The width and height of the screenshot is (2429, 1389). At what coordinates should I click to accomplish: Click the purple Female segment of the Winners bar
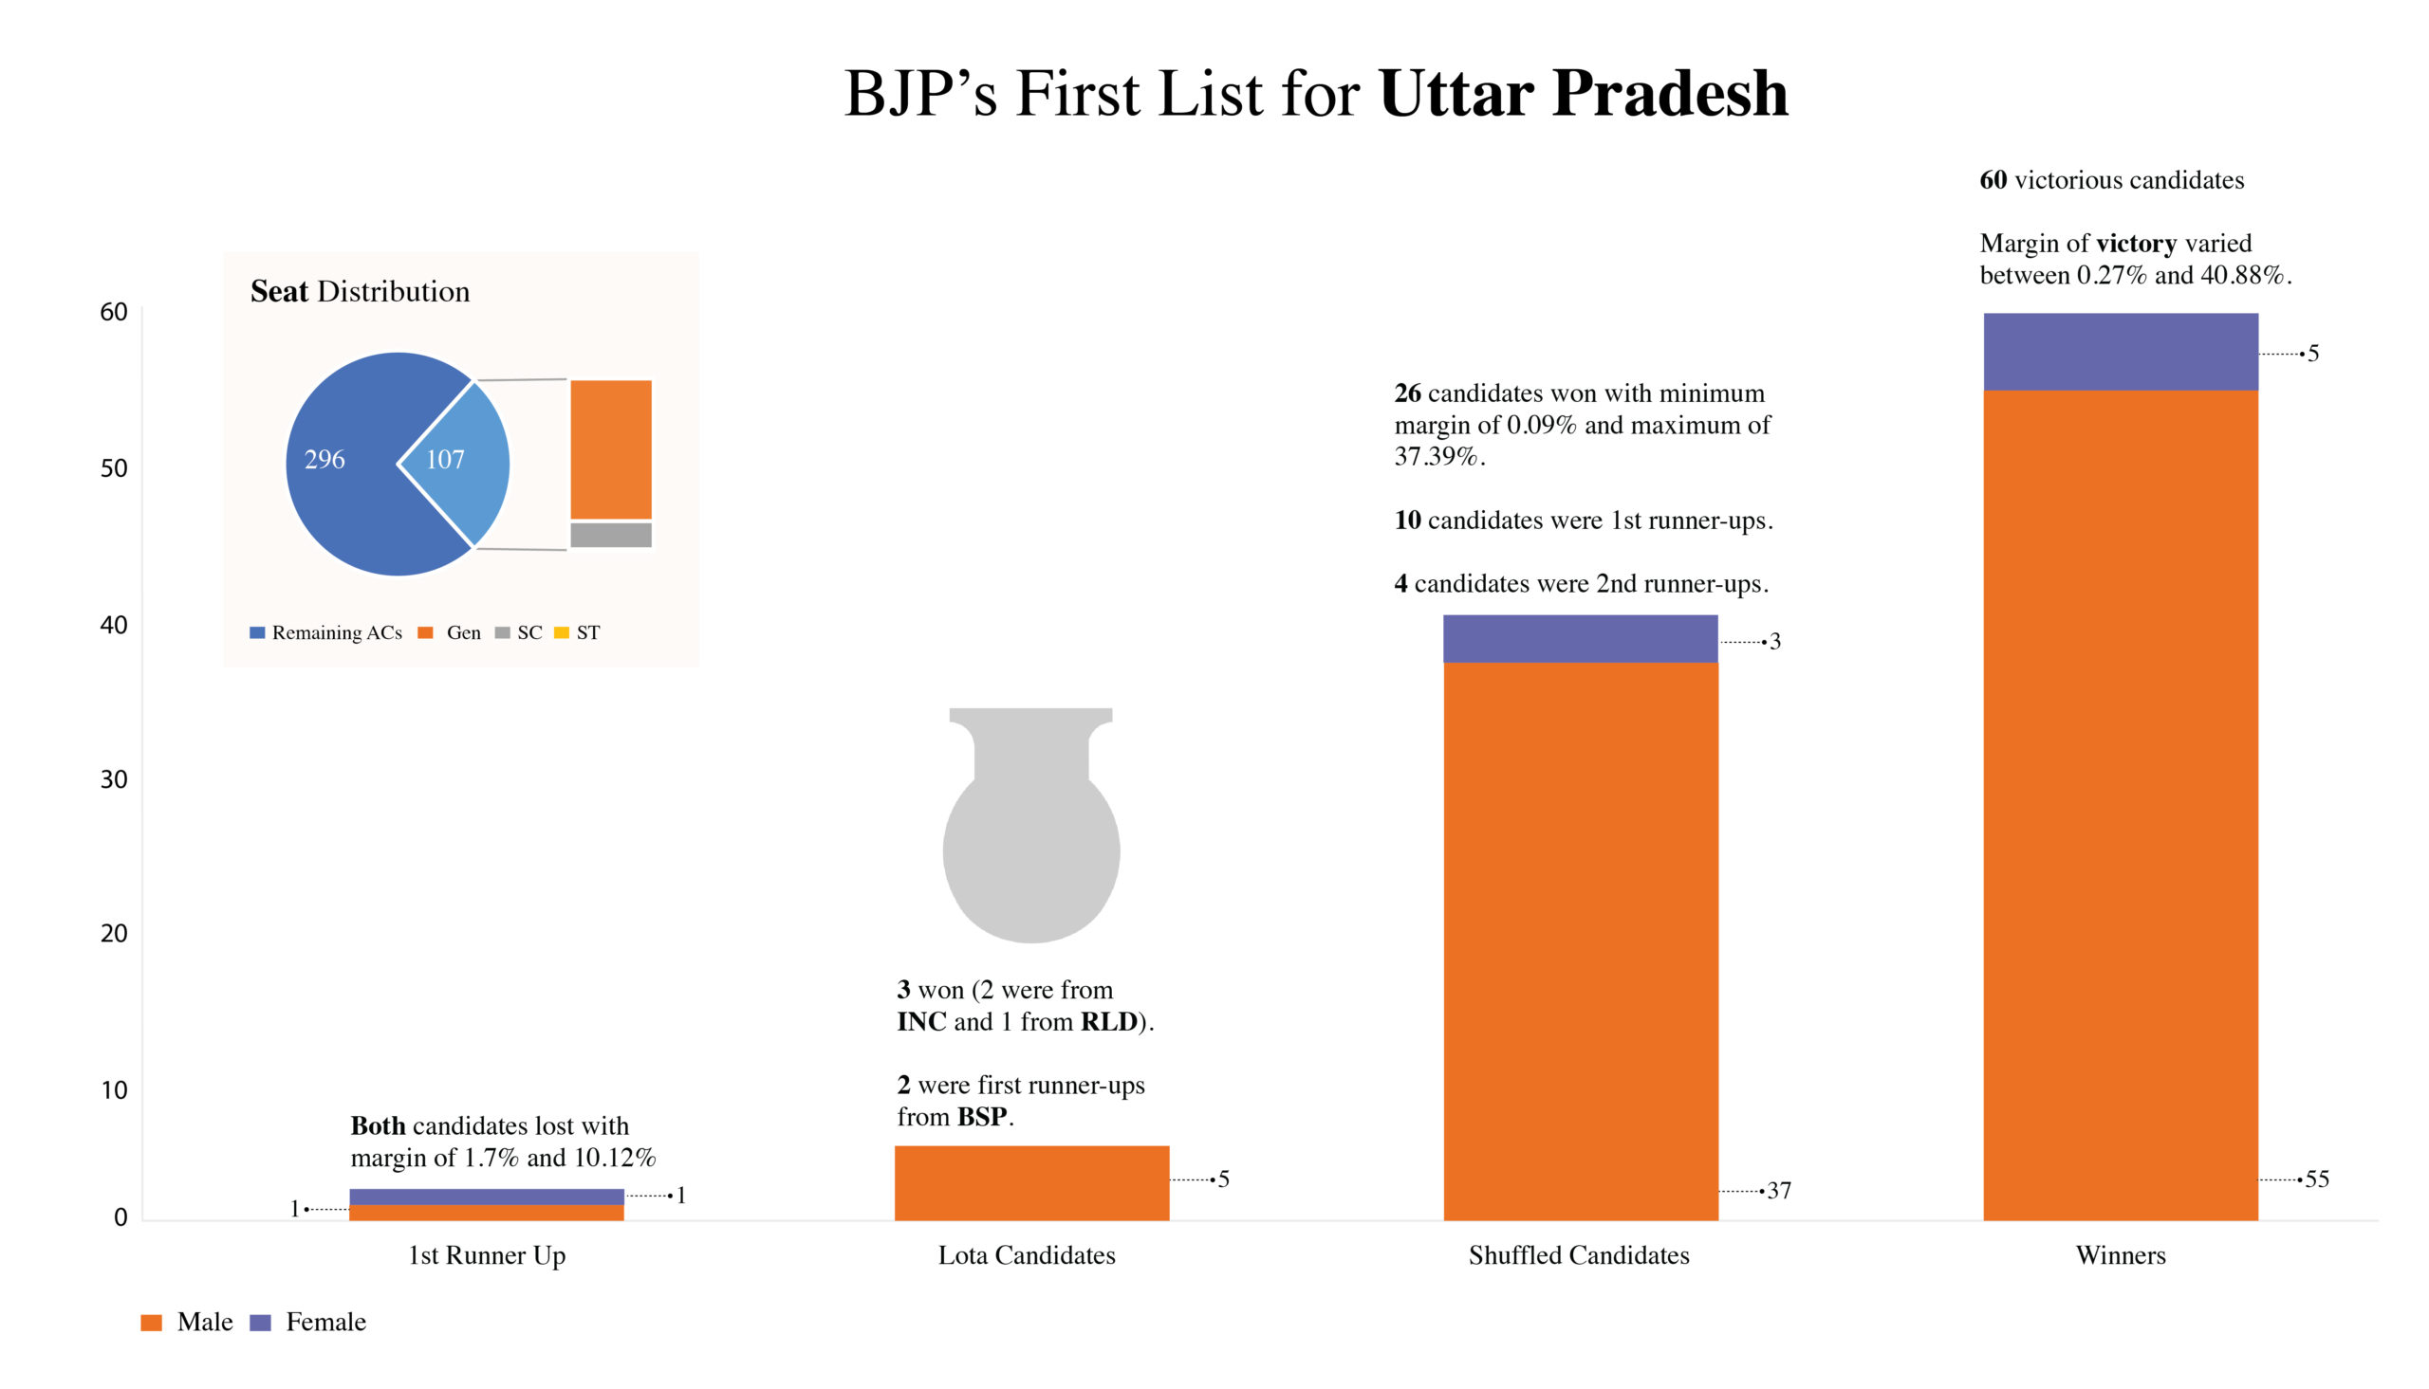[x=2120, y=351]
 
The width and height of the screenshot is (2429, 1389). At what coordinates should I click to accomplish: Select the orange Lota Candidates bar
[x=1030, y=1182]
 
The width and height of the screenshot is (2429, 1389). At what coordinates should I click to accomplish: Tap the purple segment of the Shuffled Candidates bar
[x=1580, y=638]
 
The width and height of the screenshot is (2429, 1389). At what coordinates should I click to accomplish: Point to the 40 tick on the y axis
[x=114, y=625]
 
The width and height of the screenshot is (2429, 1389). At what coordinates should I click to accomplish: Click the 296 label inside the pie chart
[x=324, y=460]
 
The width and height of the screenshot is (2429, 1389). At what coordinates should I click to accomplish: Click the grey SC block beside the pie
[x=611, y=534]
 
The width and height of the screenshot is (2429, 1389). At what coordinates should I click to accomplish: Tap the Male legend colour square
[x=151, y=1323]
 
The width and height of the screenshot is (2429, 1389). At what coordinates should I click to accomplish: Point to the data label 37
[x=1779, y=1191]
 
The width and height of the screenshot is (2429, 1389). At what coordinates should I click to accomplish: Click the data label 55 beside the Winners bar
[x=2316, y=1179]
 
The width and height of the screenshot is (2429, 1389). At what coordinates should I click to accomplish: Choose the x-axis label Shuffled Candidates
[x=1579, y=1254]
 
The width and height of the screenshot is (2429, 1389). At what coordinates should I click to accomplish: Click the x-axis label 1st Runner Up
[x=487, y=1254]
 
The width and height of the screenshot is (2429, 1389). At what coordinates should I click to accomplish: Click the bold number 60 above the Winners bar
[x=1993, y=180]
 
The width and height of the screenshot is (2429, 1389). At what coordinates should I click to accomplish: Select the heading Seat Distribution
[x=360, y=291]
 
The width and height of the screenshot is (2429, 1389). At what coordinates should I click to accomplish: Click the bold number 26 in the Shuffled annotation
[x=1407, y=393]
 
